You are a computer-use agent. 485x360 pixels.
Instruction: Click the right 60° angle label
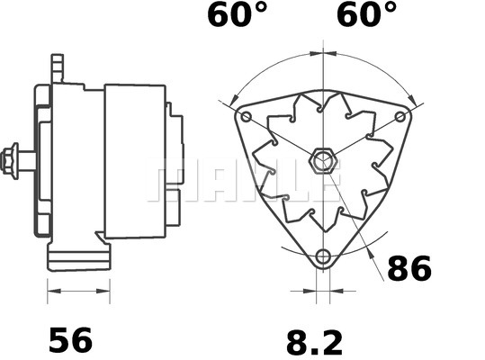tap(366, 15)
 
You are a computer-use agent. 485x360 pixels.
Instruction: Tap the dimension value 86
tap(409, 268)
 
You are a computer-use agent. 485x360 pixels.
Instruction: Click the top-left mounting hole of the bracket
tap(246, 117)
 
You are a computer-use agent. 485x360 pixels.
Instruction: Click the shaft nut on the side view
tap(13, 161)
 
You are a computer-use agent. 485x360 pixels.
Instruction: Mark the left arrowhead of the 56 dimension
tap(50, 291)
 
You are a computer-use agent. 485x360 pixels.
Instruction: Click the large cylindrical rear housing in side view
tap(135, 162)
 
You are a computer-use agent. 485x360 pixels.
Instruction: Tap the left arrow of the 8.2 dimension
tap(311, 291)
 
